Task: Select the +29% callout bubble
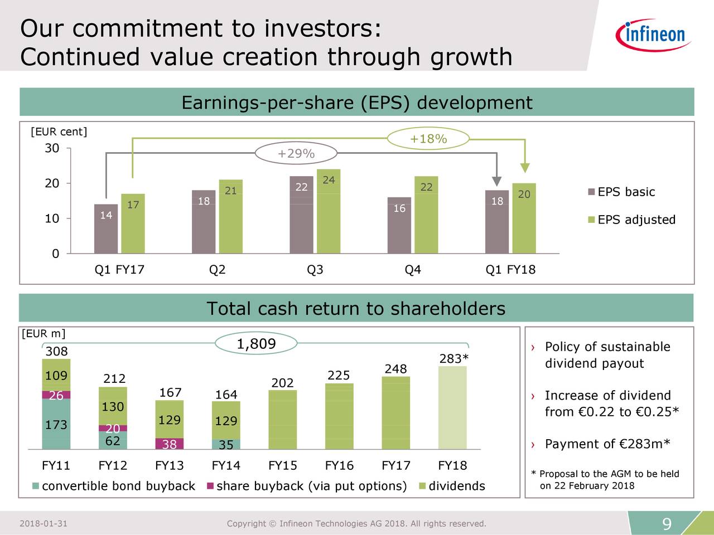[296, 154]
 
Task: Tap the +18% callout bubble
[428, 139]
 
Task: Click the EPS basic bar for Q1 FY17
[106, 229]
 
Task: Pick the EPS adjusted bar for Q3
[328, 212]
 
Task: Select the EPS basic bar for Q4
[399, 226]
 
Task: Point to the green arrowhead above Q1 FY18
[524, 168]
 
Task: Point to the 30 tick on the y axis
[52, 148]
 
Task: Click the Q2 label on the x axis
[217, 270]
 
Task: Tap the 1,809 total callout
[256, 344]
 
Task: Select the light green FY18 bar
[452, 407]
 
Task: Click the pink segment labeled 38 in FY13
[169, 444]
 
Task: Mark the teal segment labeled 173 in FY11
[56, 424]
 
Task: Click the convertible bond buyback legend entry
[114, 486]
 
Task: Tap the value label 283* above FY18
[454, 358]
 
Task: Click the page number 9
[667, 524]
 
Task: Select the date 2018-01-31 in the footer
[44, 523]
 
